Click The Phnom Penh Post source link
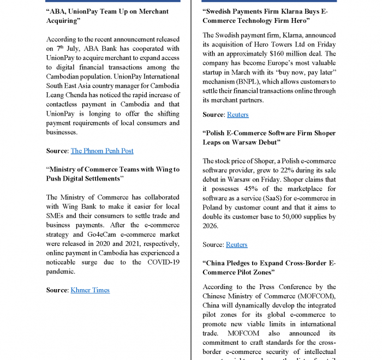102,151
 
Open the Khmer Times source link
90,290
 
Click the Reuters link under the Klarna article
237,115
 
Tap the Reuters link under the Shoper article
236,244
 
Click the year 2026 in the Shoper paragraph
211,226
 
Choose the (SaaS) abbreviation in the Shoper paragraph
254,197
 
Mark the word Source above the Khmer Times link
57,290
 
